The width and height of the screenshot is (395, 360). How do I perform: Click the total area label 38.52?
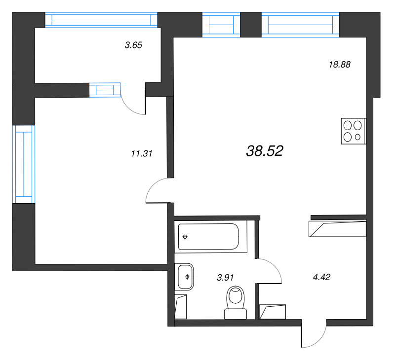click(264, 151)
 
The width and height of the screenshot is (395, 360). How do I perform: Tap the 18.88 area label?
click(340, 64)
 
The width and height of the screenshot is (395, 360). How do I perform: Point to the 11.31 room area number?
click(141, 153)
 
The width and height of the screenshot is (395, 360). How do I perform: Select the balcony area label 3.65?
click(133, 45)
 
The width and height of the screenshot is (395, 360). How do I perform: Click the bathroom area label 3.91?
click(225, 278)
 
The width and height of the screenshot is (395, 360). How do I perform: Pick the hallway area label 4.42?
click(321, 277)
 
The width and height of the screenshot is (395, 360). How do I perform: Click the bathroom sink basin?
click(186, 276)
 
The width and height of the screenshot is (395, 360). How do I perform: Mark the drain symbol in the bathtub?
click(185, 237)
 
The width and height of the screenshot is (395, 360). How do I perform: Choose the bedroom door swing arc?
click(157, 191)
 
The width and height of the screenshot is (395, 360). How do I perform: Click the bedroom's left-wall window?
click(23, 164)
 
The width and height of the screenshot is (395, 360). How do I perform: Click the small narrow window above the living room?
click(221, 24)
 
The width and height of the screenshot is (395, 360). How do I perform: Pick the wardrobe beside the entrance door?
click(273, 312)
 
